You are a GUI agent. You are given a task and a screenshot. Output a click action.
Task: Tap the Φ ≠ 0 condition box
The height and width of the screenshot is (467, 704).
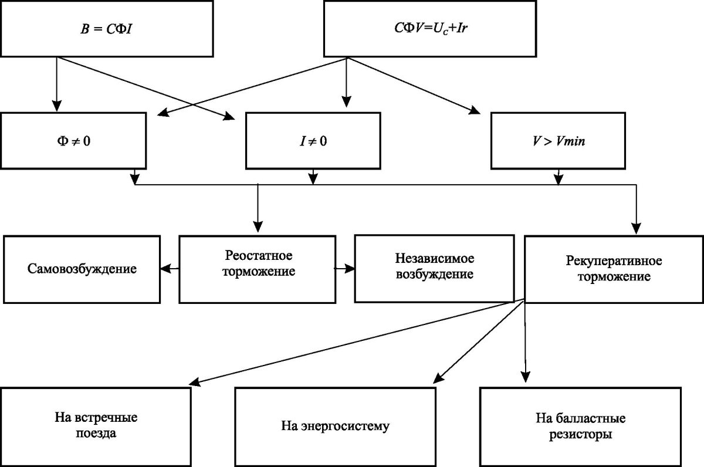pyautogui.click(x=73, y=141)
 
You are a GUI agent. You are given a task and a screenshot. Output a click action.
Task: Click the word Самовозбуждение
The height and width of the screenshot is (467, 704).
pyautogui.click(x=82, y=269)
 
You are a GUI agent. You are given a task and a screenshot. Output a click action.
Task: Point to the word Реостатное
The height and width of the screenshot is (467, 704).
pyautogui.click(x=258, y=256)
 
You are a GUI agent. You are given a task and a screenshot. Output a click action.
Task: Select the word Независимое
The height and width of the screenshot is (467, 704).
pyautogui.click(x=434, y=258)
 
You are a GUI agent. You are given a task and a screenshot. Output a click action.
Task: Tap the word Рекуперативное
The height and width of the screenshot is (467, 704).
pyautogui.click(x=607, y=260)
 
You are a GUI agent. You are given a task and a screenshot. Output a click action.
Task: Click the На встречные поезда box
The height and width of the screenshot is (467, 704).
pyautogui.click(x=96, y=426)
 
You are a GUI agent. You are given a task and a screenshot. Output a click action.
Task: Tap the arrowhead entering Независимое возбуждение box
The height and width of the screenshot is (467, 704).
pyautogui.click(x=350, y=269)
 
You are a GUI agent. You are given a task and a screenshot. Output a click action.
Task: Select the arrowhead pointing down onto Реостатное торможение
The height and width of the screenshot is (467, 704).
pyautogui.click(x=258, y=227)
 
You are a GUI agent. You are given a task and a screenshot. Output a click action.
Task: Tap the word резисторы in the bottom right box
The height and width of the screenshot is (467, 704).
pyautogui.click(x=580, y=435)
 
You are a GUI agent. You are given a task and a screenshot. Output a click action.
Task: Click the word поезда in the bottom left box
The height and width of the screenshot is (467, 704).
pyautogui.click(x=96, y=435)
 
